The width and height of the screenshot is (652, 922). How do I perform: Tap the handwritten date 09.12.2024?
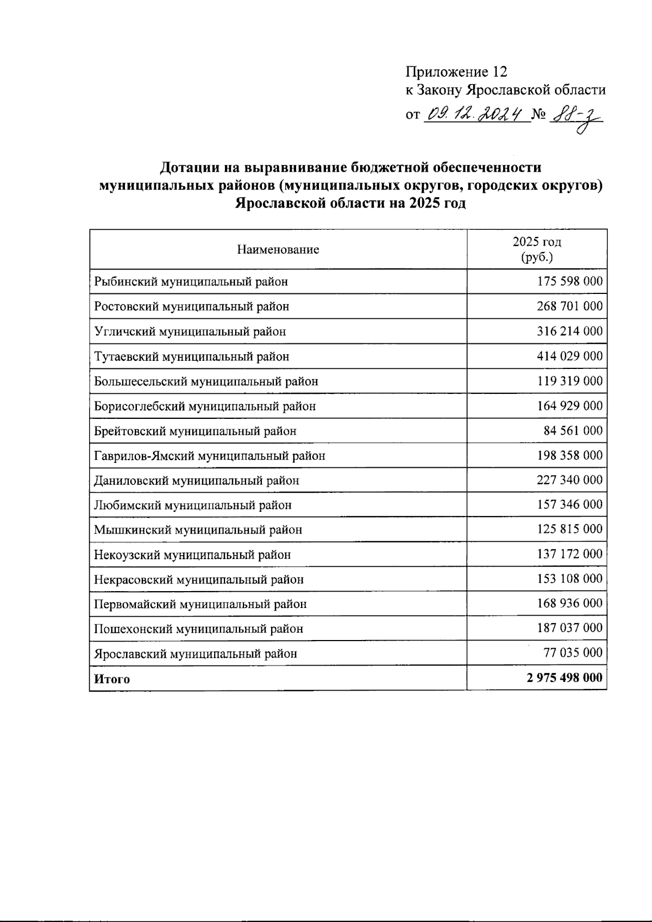tap(476, 115)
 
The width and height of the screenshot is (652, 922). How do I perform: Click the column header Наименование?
tap(278, 250)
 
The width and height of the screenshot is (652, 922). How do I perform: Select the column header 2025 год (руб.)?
tap(536, 249)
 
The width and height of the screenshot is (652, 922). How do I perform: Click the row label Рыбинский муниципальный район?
tap(191, 281)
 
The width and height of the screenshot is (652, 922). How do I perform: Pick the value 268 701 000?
tap(569, 306)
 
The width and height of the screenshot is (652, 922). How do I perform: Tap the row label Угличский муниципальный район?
tap(190, 331)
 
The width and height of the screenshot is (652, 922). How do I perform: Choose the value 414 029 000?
tap(569, 356)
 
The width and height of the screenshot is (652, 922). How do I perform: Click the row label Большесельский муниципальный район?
tap(206, 381)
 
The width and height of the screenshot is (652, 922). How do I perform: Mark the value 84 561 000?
tap(573, 431)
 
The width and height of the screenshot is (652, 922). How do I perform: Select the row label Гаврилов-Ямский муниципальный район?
tap(209, 456)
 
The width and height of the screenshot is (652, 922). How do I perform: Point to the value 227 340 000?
tap(569, 480)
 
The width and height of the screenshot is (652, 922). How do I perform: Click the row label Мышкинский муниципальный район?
tap(198, 530)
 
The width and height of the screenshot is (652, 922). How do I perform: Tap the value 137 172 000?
tap(569, 554)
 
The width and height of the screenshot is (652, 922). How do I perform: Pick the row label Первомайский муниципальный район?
tap(200, 604)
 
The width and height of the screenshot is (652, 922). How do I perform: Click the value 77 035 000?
tap(573, 653)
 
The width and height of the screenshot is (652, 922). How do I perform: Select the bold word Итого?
tap(112, 679)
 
